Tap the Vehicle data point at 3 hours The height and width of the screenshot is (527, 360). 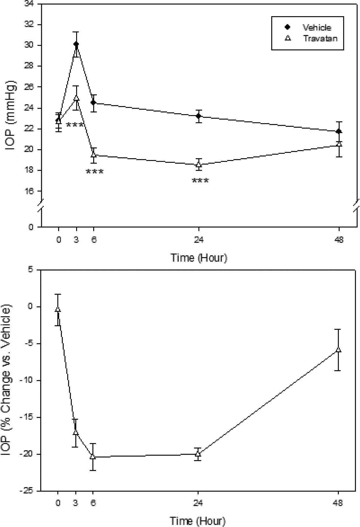76,44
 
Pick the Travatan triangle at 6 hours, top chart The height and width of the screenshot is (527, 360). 93,155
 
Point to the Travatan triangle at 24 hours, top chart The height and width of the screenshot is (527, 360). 198,164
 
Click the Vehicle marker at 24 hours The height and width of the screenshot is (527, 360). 198,116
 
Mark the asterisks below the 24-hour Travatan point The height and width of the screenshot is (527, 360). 200,181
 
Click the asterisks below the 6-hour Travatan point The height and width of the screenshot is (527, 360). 95,172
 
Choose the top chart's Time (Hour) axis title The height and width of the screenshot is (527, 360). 199,257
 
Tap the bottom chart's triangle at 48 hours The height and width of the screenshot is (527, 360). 339,350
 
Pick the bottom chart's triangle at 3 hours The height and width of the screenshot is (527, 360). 76,432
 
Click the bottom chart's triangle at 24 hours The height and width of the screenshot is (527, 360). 198,453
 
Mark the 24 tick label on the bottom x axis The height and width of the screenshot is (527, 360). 198,503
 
